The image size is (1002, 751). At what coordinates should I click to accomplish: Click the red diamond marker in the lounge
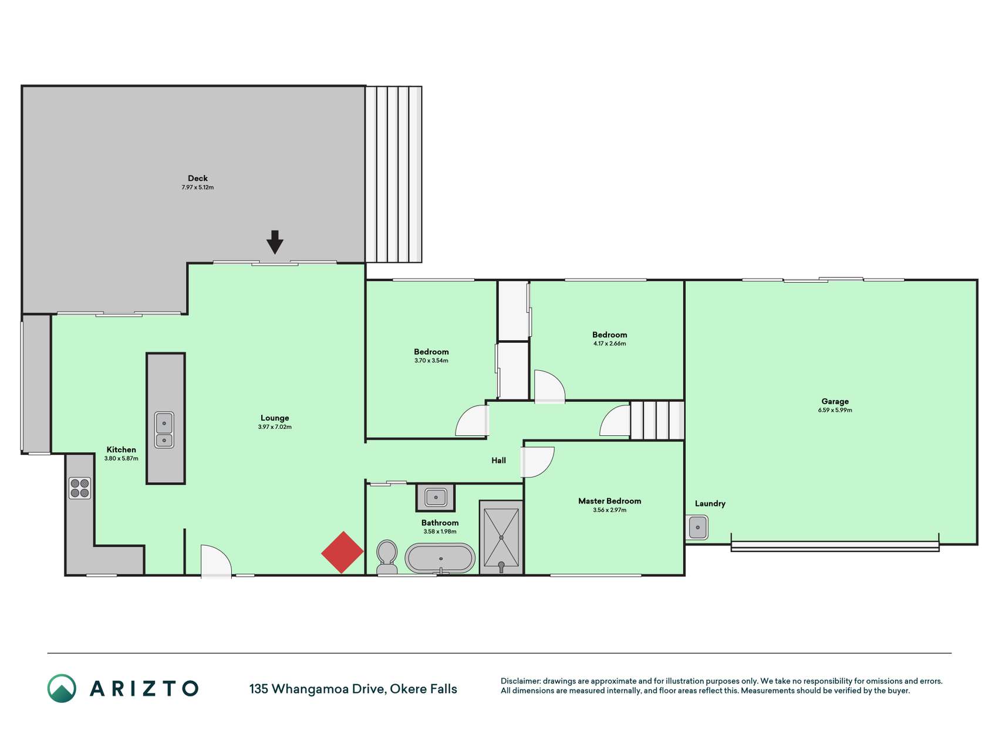tap(342, 552)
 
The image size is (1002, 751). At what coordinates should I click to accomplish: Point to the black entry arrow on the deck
tap(275, 242)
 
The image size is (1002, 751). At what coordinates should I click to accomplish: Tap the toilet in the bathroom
tap(386, 557)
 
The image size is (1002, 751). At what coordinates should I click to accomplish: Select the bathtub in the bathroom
tap(440, 559)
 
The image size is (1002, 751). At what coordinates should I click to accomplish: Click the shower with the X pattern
tap(501, 537)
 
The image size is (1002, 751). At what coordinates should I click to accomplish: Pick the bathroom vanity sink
tap(436, 498)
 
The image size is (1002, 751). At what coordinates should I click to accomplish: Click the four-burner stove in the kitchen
tap(80, 488)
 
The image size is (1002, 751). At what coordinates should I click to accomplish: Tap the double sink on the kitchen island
tap(164, 430)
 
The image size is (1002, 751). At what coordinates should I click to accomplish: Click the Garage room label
tap(835, 401)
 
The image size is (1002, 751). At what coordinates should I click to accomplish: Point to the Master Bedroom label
tap(609, 501)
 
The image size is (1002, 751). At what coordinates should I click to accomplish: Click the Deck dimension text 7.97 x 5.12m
tap(198, 188)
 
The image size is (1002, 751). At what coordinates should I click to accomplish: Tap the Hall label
tap(498, 461)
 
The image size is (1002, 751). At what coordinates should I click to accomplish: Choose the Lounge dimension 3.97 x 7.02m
tap(275, 427)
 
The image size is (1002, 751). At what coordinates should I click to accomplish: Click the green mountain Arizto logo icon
tap(62, 688)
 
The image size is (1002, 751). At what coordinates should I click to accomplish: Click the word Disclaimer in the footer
tap(521, 681)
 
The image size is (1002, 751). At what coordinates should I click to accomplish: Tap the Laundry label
tap(710, 503)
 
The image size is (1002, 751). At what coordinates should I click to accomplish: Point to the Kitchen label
tap(121, 450)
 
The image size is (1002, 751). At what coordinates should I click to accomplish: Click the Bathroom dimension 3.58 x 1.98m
tap(440, 532)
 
